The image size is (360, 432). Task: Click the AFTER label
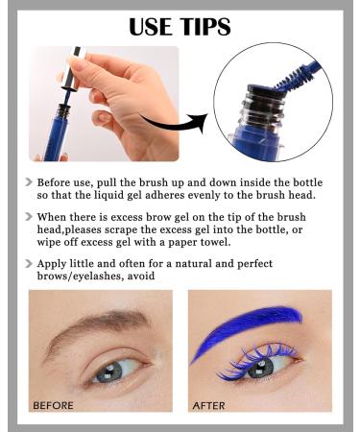tap(209, 405)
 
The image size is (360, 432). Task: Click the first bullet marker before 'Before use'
tap(30, 181)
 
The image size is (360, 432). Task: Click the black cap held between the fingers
tap(68, 85)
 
